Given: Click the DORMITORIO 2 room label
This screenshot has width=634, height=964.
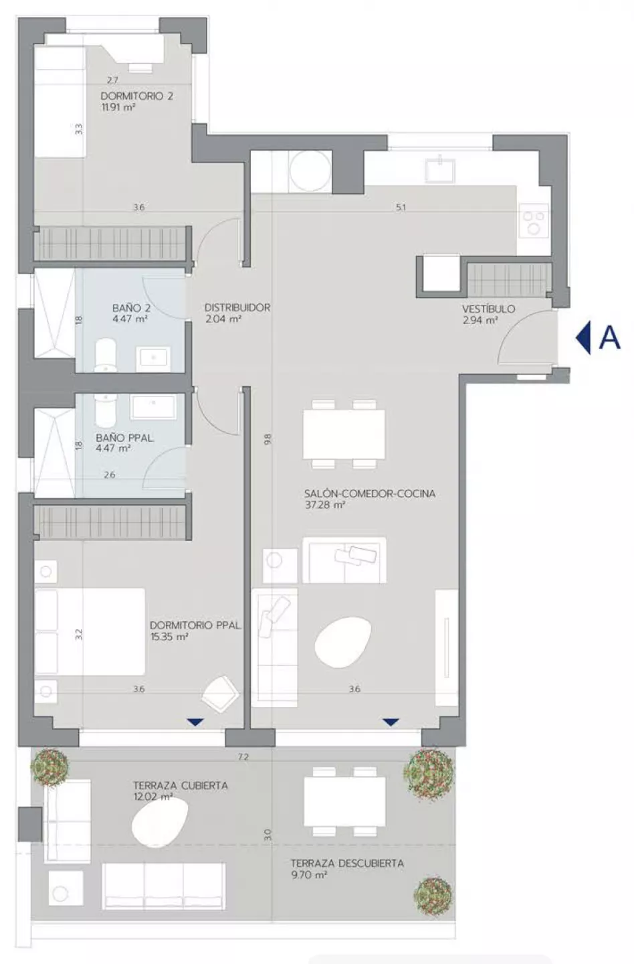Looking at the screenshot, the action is coord(136,96).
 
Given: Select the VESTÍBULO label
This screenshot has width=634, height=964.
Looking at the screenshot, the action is coord(489,309).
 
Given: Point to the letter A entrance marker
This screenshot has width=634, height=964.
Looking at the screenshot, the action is coord(609,338).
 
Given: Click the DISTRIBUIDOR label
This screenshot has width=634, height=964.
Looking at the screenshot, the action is coord(237,308).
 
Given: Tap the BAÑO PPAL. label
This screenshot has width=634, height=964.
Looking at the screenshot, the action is coord(124,438).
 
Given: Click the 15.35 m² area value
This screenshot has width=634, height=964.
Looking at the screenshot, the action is coord(169,637).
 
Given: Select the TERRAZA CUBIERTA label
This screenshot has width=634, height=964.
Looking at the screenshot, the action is coord(181,785).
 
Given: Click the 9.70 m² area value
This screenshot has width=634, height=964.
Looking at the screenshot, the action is coord(309,875).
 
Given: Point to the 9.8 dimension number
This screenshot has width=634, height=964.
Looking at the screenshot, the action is coord(268,439).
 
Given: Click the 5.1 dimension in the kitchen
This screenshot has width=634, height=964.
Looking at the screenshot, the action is coord(401,208).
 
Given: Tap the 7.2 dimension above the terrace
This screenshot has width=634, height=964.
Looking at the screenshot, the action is coord(243,757).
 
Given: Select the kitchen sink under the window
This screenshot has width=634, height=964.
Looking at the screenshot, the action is coord(439,171).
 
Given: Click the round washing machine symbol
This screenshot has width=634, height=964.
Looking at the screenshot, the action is coord(310,171).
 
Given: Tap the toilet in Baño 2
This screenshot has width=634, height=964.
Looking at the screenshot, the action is coord(106,355).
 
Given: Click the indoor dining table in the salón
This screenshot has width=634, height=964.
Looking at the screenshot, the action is coord(344,434).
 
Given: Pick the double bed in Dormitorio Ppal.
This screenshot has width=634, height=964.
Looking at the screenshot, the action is coord(90,631).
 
